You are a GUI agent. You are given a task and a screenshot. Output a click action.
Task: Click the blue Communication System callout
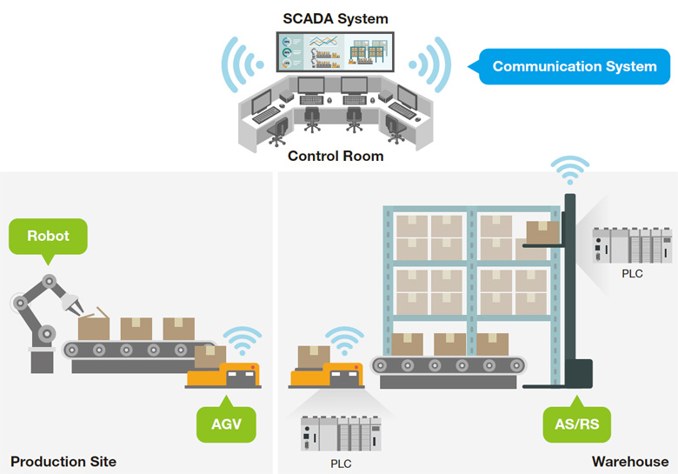click(570, 67)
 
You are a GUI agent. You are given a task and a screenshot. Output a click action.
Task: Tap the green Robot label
click(48, 237)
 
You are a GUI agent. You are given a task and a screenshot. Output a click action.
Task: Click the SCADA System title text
click(336, 18)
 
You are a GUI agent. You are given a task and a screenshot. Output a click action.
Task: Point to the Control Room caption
click(336, 156)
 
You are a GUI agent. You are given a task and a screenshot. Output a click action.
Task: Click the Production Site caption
click(63, 462)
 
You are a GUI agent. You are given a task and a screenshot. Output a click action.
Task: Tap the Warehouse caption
click(630, 462)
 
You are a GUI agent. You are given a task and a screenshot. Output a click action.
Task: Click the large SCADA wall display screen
click(336, 52)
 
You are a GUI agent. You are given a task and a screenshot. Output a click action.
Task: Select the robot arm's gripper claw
click(73, 304)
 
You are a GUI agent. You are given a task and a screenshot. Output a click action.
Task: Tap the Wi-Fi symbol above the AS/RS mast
click(570, 170)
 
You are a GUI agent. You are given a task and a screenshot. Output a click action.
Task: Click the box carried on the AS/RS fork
click(542, 232)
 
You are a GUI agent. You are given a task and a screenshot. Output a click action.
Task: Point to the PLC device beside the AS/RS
click(632, 244)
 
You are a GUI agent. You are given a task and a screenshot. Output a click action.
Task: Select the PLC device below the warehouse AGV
click(341, 433)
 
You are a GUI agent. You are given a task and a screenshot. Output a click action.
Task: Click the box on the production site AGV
click(210, 357)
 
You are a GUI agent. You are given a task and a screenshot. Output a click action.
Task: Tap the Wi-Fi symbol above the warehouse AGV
click(344, 341)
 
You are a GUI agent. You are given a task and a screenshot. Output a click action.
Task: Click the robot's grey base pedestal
click(42, 361)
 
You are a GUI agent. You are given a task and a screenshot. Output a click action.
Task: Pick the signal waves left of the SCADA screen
click(242, 65)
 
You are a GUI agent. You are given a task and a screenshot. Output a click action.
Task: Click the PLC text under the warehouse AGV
click(341, 464)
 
